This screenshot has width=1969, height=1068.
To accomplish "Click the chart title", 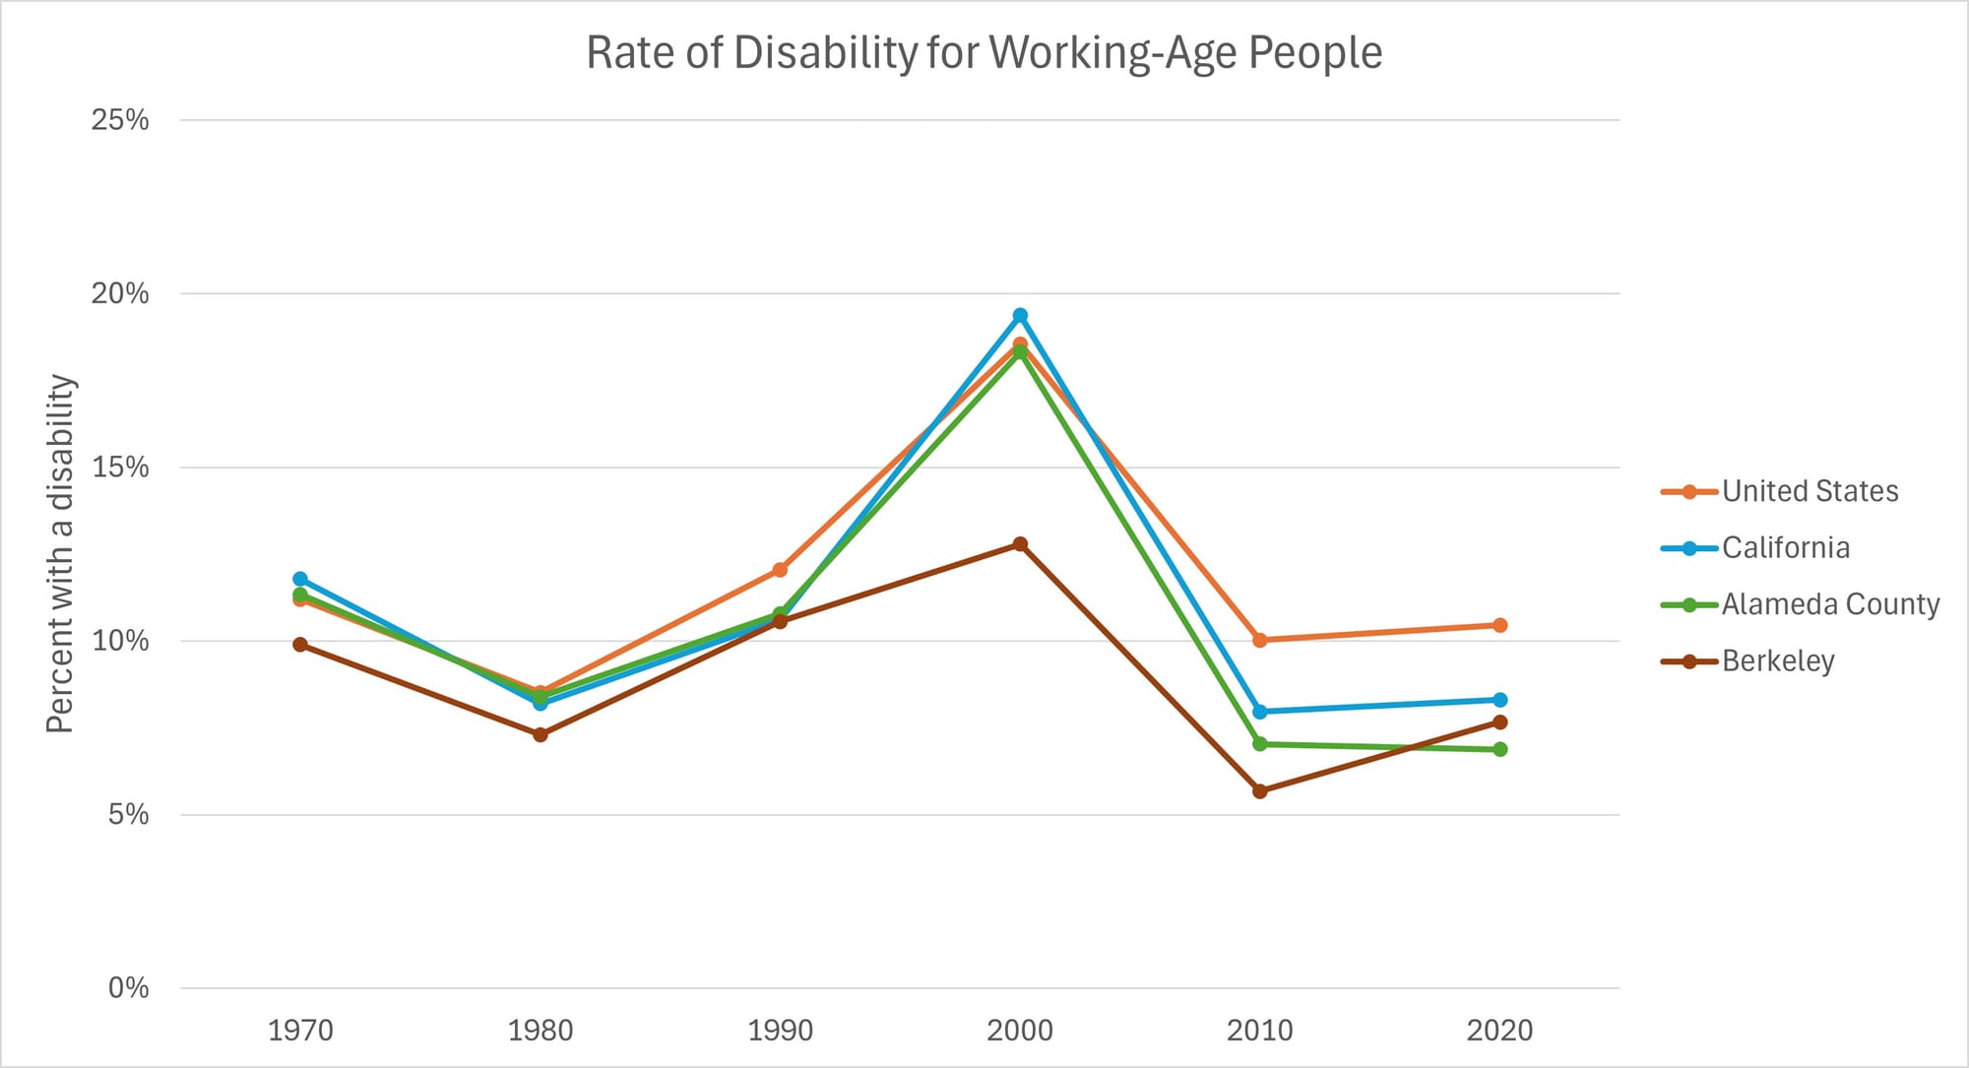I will (x=984, y=53).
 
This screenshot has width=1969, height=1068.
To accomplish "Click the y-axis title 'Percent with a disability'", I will (x=61, y=553).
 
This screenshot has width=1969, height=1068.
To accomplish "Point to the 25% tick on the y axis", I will (x=120, y=120).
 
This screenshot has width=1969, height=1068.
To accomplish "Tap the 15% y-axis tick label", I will (x=120, y=468).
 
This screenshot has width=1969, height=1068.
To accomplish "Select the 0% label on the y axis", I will (x=128, y=988).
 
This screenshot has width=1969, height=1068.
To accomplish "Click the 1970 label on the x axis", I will (x=300, y=1031).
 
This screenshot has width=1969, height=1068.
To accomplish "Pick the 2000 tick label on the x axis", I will (x=1020, y=1031).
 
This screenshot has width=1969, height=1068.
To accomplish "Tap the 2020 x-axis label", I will (x=1499, y=1031).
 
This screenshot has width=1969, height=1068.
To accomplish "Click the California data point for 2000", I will (x=1020, y=316).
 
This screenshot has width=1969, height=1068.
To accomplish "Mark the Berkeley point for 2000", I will (x=1020, y=544).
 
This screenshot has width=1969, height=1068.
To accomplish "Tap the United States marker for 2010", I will (x=1260, y=640).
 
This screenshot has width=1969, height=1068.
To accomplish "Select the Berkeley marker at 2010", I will (x=1260, y=791).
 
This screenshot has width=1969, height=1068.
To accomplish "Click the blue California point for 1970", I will (x=300, y=579).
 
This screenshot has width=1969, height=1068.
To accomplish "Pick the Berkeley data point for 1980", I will (x=540, y=734).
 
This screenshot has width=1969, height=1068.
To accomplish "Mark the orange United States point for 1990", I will (x=780, y=570).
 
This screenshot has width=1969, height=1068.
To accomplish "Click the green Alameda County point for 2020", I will (x=1499, y=749).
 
